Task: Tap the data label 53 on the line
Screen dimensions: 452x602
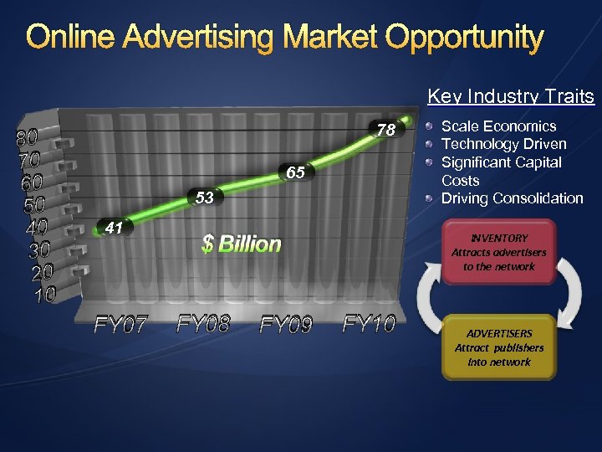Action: point(205,198)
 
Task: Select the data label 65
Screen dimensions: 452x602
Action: point(295,173)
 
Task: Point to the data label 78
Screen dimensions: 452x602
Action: point(385,131)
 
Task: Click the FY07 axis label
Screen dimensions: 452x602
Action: point(120,324)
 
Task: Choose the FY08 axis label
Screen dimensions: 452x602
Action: point(203,323)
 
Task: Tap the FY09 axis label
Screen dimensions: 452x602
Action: point(286,324)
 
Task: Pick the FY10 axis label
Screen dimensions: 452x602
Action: point(369,323)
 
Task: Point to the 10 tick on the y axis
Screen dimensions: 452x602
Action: point(44,295)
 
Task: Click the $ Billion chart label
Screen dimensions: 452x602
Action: point(242,244)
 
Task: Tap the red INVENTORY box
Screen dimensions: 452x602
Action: point(498,252)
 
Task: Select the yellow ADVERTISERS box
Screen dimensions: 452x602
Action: point(498,347)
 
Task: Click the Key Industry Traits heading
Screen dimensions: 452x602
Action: point(511,97)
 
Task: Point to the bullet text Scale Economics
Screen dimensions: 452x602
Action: point(498,126)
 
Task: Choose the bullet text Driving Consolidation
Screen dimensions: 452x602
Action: point(512,198)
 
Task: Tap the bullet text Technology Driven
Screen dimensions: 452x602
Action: point(503,144)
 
